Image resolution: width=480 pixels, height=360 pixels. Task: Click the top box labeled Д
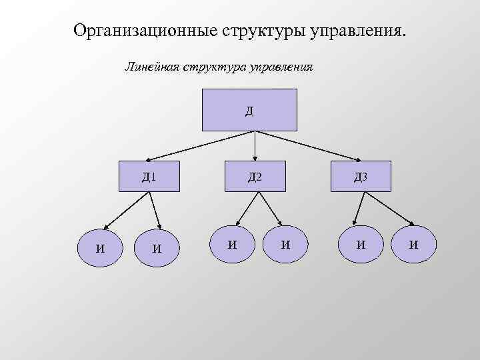249,109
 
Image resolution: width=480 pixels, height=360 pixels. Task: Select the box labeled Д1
149,177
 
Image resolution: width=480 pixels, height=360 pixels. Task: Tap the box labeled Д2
255,177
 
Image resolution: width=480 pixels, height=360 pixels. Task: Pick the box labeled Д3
361,177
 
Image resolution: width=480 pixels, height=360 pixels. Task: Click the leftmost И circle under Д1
100,247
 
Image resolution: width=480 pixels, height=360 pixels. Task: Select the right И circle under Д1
157,248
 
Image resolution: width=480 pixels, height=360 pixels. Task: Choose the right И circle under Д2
285,244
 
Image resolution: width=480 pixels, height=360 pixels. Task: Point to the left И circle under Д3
361,244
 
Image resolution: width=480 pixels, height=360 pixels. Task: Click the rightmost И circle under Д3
413,244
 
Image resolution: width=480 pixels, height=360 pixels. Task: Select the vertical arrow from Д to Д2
255,145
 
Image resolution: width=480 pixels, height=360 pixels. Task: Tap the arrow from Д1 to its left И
123,211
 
